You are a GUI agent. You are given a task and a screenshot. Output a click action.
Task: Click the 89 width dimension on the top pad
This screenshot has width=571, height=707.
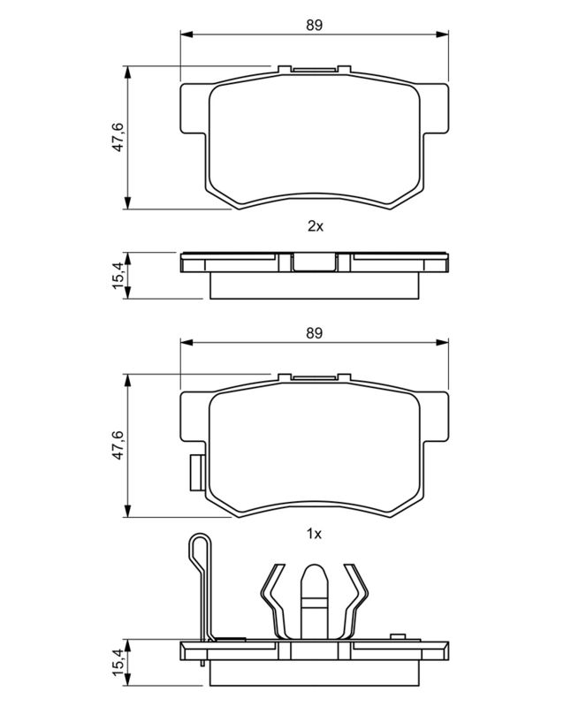[315, 26]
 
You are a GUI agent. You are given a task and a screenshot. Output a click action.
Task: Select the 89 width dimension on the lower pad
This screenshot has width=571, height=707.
[315, 333]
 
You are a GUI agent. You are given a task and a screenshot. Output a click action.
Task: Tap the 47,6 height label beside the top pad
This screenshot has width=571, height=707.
[118, 137]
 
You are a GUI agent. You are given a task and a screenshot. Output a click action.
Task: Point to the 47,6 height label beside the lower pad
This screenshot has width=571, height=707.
[118, 445]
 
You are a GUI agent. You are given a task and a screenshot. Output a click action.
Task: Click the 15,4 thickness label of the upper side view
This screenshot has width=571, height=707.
[118, 276]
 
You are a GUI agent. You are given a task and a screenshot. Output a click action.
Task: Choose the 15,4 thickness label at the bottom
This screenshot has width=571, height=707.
[118, 662]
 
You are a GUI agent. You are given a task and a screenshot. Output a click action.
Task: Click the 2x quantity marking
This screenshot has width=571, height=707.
[316, 226]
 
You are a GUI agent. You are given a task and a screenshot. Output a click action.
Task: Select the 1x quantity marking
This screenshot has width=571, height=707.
[315, 535]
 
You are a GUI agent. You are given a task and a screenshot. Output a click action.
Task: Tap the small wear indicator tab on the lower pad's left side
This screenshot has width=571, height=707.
[196, 473]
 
